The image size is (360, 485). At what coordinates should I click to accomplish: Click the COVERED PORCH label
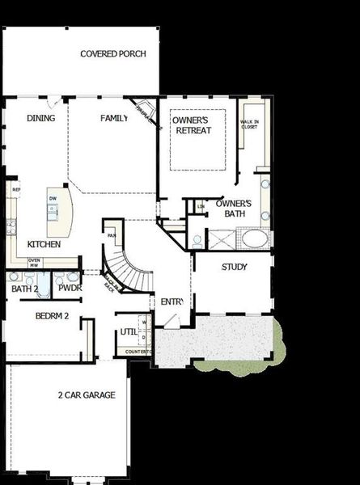(113, 54)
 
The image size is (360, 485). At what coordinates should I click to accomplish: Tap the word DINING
(41, 119)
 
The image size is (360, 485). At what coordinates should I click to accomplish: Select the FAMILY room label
(114, 119)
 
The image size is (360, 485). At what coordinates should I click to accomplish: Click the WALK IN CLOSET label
(249, 125)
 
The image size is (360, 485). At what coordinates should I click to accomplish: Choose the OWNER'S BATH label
(235, 209)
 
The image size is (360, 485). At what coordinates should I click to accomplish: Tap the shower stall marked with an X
(221, 240)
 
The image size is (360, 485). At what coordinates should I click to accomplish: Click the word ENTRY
(172, 302)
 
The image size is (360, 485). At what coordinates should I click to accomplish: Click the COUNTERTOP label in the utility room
(139, 352)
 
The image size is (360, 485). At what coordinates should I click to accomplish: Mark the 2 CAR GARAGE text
(87, 395)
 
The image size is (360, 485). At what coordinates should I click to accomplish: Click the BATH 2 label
(25, 288)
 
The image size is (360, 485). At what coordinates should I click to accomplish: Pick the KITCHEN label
(44, 244)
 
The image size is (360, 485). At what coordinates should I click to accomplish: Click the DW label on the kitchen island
(53, 198)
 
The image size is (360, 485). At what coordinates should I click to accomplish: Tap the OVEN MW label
(35, 263)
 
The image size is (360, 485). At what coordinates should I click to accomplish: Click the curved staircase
(121, 271)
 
